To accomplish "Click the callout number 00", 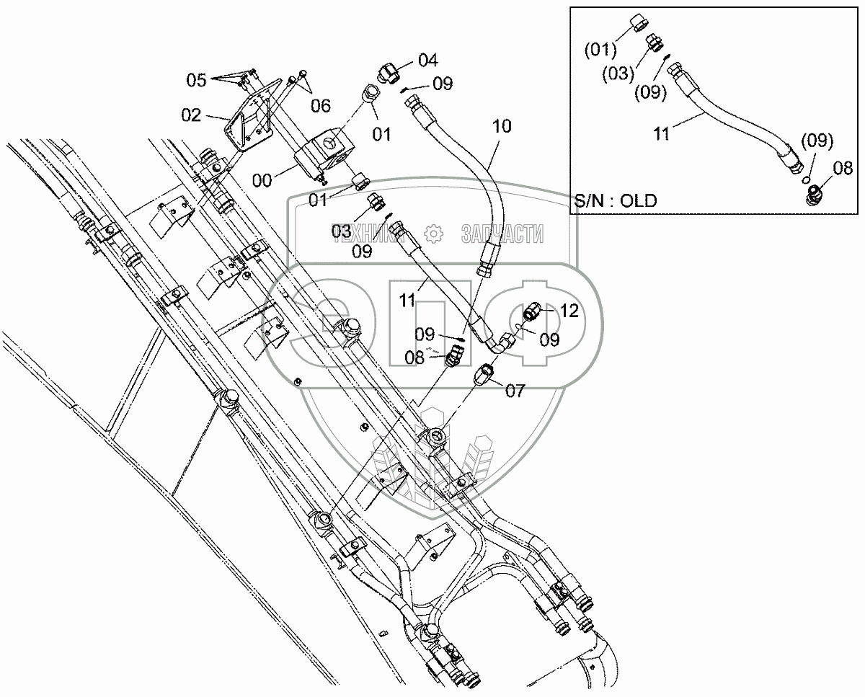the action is [262, 180].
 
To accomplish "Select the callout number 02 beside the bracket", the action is [191, 114].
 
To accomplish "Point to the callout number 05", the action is [197, 80].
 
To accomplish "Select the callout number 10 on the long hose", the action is [502, 127].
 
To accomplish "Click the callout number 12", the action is [569, 311].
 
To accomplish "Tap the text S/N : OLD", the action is [616, 200].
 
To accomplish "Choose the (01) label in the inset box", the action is [601, 50].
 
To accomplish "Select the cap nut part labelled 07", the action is [484, 374].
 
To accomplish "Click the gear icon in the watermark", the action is [433, 234].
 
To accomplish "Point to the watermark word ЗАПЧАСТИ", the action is [502, 234].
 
